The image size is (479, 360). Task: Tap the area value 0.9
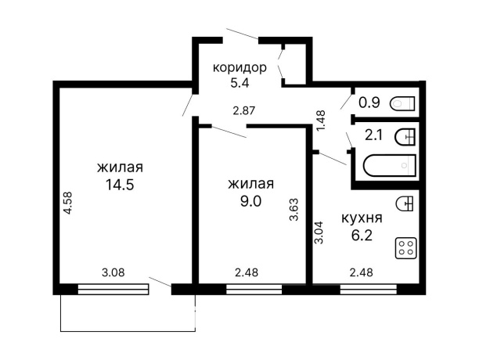click(369, 102)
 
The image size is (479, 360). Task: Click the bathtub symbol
click(389, 166)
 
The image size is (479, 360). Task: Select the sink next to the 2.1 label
click(405, 136)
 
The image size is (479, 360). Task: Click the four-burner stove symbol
click(405, 249)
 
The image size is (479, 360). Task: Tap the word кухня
click(362, 218)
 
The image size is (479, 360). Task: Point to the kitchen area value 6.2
click(362, 234)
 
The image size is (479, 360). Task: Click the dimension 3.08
click(114, 273)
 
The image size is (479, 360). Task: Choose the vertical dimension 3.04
click(319, 234)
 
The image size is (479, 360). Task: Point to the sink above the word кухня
click(405, 203)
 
